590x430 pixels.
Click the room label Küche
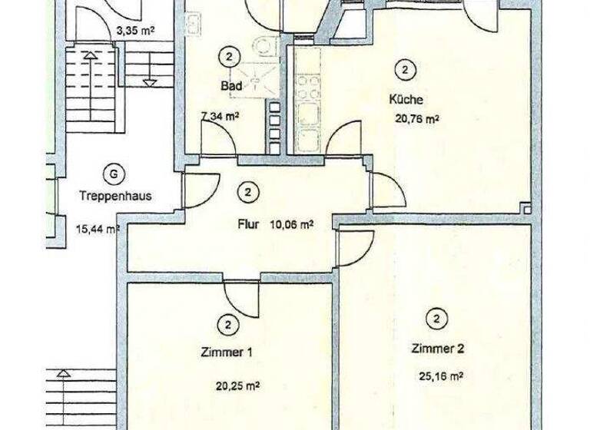(406, 100)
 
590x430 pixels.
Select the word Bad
(231, 87)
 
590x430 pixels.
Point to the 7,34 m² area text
(220, 117)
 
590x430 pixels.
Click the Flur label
(247, 226)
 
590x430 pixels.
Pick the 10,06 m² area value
(291, 225)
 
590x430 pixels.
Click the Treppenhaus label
(114, 196)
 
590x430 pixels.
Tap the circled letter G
(114, 174)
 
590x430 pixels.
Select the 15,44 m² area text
(97, 229)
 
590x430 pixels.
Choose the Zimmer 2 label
(437, 349)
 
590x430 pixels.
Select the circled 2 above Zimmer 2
(436, 319)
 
